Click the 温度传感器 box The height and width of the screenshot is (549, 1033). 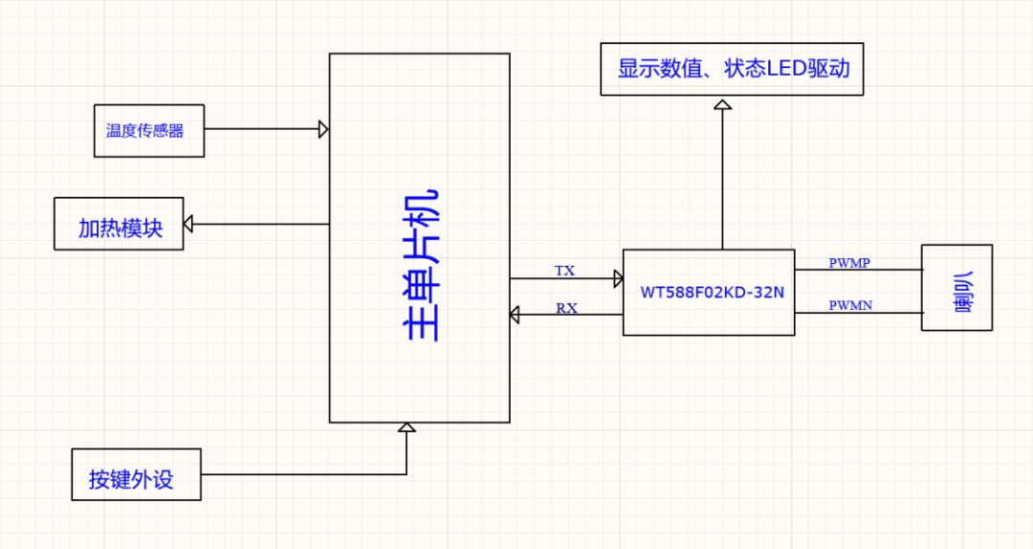148,131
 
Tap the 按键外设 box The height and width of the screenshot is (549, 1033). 136,474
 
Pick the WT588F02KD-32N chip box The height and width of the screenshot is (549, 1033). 709,292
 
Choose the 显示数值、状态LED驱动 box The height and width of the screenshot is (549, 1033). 732,69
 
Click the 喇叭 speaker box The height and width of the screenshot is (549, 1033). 956,288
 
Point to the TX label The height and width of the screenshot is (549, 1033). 565,271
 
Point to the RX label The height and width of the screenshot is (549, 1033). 565,308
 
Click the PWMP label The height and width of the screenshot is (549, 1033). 848,263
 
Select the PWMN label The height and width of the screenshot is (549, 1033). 849,306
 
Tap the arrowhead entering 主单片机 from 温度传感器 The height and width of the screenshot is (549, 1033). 324,129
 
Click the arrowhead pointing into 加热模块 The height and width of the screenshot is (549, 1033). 188,224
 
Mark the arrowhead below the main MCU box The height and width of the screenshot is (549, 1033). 407,428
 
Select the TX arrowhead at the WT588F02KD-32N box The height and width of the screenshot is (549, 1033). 618,278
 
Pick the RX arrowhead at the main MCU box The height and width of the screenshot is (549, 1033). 515,314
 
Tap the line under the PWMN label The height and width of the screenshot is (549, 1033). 858,314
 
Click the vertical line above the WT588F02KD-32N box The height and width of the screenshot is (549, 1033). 722,182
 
